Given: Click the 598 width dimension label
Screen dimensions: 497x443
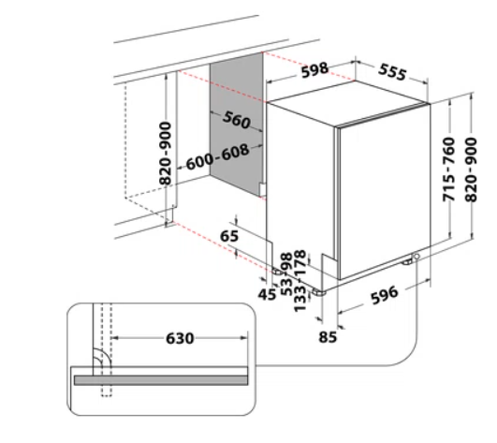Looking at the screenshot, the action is [x=314, y=70].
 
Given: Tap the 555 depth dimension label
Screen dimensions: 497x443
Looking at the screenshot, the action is [x=392, y=72].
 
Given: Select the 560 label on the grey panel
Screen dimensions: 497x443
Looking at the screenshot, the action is [x=237, y=120].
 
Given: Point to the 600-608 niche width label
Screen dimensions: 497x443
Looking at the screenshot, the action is [x=217, y=157].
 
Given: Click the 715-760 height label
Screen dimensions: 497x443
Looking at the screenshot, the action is [x=449, y=169].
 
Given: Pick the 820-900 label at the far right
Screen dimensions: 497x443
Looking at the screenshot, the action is [x=471, y=170].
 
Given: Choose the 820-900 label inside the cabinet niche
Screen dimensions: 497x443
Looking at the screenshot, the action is [x=165, y=154].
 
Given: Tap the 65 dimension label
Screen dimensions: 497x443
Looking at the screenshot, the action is [x=229, y=236].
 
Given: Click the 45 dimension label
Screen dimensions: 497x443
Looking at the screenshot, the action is [x=267, y=295].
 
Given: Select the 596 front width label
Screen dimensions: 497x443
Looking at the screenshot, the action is [x=384, y=295].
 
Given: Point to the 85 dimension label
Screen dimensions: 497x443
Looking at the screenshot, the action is [x=328, y=337].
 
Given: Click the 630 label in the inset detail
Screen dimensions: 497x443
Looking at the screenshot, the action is [x=180, y=338].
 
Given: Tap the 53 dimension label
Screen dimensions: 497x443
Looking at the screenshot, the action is [x=287, y=286].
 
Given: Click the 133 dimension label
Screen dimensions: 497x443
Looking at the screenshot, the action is [x=300, y=298].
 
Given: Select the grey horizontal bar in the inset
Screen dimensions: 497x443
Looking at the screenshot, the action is [x=161, y=380].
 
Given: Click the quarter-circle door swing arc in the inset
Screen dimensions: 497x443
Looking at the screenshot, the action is [x=106, y=354].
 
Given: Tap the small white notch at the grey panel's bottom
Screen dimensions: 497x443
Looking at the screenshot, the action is [x=262, y=189].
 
